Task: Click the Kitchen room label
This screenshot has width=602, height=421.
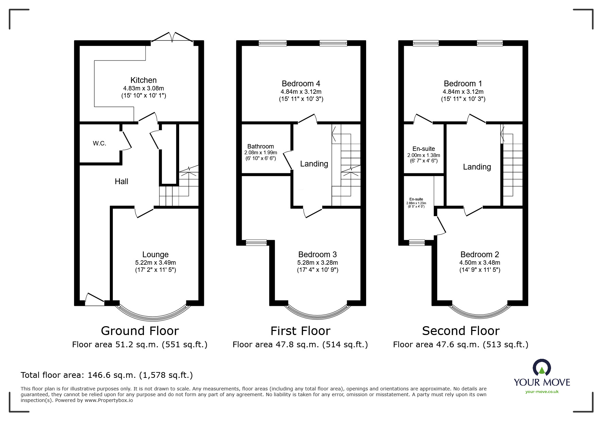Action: pos(143,80)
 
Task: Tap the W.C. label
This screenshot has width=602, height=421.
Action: pos(100,143)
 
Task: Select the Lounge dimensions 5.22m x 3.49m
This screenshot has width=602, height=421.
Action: pos(155,262)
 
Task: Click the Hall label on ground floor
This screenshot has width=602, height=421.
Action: pos(121,181)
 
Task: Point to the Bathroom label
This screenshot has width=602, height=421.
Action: pos(260,146)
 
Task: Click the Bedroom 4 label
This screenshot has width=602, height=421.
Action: pos(301,84)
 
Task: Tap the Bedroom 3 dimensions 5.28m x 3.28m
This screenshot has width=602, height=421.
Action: pos(317,262)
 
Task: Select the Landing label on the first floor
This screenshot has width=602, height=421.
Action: pos(314,164)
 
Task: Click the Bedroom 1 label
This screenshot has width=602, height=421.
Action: pos(463,84)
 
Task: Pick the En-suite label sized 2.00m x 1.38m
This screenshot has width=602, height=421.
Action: pos(424,149)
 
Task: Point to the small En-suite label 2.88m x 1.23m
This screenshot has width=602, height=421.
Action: pos(416,199)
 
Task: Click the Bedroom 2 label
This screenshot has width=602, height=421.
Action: pos(479,255)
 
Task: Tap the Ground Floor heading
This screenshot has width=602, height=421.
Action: pos(140,331)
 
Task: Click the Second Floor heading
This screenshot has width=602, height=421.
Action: pos(461,331)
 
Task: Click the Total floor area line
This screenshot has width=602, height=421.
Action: pos(107,375)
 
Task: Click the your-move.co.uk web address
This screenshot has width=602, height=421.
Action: pos(542,391)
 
